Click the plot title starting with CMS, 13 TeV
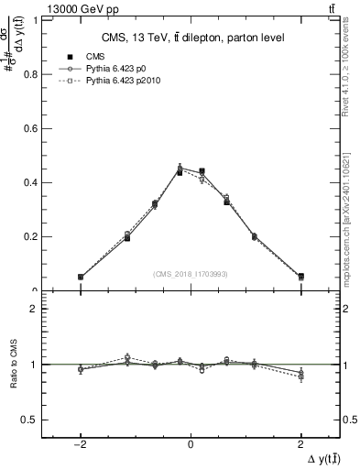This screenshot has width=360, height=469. tap(191, 37)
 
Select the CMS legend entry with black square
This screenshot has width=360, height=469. tap(95, 57)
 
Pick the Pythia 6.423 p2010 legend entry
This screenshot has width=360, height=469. tap(127, 81)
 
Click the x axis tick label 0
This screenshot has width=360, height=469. tap(191, 442)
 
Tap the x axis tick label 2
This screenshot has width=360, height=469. tap(301, 442)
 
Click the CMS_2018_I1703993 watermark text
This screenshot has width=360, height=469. tap(191, 274)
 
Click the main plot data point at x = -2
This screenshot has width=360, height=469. tap(81, 277)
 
